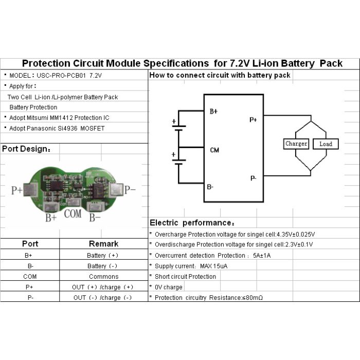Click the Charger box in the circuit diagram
click(296, 144)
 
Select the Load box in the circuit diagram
click(326, 144)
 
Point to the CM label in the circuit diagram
click(214, 150)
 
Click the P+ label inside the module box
click(253, 120)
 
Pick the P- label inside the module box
click(253, 178)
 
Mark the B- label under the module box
click(210, 187)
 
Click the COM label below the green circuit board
click(73, 213)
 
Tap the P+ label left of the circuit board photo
click(17, 190)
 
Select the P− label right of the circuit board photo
click(131, 190)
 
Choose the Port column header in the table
click(30, 244)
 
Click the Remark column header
click(103, 244)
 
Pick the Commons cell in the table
click(103, 277)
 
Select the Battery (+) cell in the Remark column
click(103, 255)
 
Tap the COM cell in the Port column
click(29, 277)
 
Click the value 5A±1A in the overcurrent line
click(262, 255)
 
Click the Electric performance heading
click(192, 223)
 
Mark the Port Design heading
click(26, 149)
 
